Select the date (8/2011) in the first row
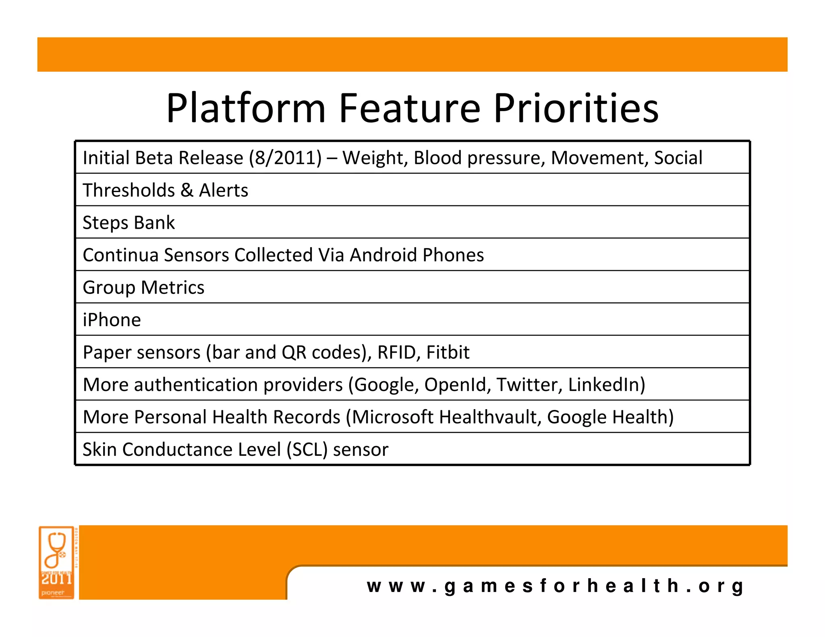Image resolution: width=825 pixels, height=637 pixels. pyautogui.click(x=285, y=157)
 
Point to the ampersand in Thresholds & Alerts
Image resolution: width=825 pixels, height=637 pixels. pyautogui.click(x=187, y=190)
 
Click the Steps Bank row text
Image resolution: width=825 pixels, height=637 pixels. pyautogui.click(x=129, y=223)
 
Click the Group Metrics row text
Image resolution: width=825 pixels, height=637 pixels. pyautogui.click(x=143, y=287)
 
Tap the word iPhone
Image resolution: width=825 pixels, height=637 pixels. pyautogui.click(x=112, y=320)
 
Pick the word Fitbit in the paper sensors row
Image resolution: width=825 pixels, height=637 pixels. pyautogui.click(x=448, y=352)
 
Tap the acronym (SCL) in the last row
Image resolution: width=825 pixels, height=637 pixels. pyautogui.click(x=307, y=449)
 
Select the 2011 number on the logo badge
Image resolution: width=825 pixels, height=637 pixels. pyautogui.click(x=56, y=579)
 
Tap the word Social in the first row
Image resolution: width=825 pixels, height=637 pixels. pyautogui.click(x=678, y=157)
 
